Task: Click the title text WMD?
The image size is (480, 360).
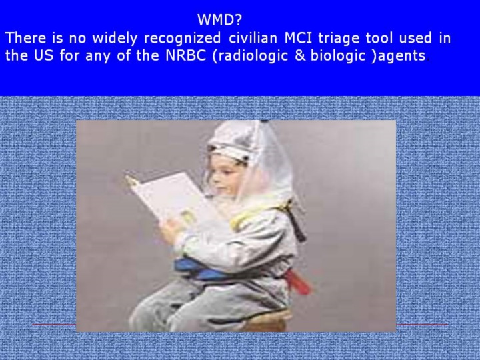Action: pos(219,20)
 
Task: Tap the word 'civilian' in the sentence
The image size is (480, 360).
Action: pos(253,38)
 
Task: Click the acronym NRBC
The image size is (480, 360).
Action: pos(186,55)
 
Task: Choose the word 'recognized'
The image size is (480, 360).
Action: pos(182,39)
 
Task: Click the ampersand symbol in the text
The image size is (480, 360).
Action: pos(300,56)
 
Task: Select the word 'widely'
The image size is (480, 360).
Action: pos(115,39)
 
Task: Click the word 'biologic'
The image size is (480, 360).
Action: pos(338,56)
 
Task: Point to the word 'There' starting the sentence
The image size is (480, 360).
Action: pos(26,38)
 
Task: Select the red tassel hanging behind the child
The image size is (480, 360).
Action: pos(297,281)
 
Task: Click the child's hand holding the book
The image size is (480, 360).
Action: pos(171,230)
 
